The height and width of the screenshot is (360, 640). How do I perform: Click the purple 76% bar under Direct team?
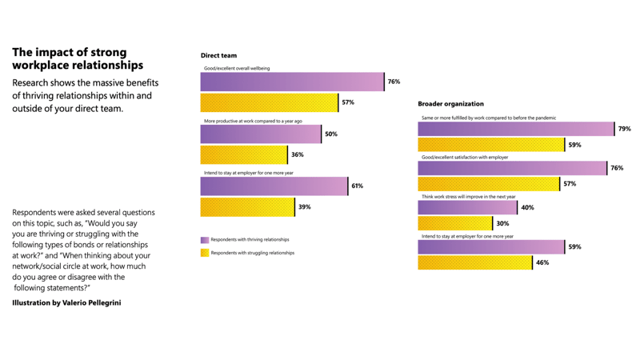[292, 82]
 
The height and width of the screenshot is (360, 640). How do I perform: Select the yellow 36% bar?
[244, 155]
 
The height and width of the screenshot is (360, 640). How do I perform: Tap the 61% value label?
[357, 186]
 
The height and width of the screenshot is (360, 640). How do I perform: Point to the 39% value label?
[304, 207]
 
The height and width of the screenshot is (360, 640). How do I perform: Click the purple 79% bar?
[516, 129]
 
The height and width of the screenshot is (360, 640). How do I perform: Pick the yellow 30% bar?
[455, 224]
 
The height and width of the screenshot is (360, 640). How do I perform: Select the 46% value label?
[542, 262]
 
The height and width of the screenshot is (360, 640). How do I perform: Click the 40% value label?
[527, 208]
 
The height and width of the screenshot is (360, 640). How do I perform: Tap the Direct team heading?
[218, 56]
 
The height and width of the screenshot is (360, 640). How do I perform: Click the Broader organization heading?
[450, 104]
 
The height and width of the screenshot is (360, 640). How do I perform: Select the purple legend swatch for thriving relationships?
[205, 240]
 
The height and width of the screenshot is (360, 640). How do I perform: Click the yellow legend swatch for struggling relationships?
[205, 253]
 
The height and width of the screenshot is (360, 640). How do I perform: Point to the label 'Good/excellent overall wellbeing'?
[237, 69]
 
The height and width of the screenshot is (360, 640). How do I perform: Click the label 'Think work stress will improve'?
[469, 197]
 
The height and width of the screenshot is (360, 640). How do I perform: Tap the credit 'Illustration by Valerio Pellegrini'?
[66, 303]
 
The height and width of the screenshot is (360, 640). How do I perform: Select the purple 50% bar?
[261, 134]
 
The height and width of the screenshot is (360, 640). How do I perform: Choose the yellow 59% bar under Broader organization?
[491, 145]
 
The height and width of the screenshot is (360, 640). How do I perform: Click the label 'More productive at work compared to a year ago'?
[253, 121]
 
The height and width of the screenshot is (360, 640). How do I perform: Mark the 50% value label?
[331, 134]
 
